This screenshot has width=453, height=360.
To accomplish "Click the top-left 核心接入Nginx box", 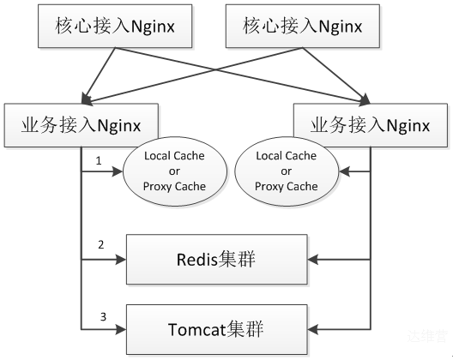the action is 115,26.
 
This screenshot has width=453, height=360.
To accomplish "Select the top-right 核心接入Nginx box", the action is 303,26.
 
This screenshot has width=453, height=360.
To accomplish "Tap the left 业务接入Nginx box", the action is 82,125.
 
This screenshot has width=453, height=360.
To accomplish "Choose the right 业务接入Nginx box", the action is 371,125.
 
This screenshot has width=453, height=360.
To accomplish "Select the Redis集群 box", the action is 217,259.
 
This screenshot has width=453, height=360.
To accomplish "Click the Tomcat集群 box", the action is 217,329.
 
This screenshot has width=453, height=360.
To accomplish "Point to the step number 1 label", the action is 99,161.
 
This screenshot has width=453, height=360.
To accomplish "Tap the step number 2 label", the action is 101,245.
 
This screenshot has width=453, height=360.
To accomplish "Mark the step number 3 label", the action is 103,317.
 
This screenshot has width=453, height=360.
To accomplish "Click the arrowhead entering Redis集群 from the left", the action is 121,260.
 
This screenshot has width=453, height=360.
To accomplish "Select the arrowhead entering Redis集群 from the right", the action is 312,260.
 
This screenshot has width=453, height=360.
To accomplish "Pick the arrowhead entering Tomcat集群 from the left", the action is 121,329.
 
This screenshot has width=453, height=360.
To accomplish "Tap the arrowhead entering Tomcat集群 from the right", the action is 312,329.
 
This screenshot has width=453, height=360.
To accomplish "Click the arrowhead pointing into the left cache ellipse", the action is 118,171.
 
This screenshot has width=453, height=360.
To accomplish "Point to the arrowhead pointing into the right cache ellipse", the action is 344,171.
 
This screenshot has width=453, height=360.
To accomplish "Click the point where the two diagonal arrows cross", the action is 214,69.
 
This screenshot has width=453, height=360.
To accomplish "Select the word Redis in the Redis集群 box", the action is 196,259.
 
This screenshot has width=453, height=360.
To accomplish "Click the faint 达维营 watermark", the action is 427,336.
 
